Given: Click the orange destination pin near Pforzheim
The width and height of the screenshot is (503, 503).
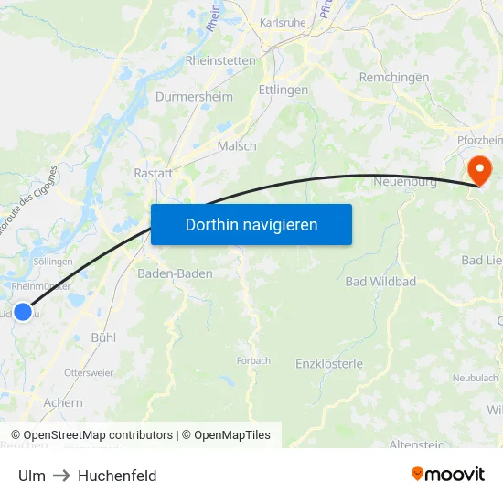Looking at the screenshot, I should click(479, 169).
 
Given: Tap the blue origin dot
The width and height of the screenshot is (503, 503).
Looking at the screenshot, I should click(23, 312).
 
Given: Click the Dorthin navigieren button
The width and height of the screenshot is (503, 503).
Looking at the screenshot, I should click(251, 224).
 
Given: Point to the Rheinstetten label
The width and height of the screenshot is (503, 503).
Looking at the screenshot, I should click(220, 60).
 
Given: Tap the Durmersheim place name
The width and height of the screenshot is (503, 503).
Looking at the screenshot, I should click(194, 96).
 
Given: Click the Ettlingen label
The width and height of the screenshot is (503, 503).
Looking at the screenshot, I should click(284, 91).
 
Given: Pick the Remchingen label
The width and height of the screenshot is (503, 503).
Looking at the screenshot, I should click(394, 78).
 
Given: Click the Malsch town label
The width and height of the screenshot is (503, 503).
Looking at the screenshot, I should click(237, 145).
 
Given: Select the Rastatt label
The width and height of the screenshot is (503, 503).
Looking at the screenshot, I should click(153, 173).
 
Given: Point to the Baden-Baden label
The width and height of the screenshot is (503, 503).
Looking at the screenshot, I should click(175, 273).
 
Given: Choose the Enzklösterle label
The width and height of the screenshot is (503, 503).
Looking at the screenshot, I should click(329, 364).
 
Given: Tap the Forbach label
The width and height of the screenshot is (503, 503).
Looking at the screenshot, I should click(253, 360).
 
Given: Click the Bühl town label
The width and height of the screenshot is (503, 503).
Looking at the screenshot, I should click(103, 337).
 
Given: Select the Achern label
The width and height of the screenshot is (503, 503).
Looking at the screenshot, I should click(63, 402).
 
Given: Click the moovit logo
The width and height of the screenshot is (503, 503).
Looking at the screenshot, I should click(448, 475).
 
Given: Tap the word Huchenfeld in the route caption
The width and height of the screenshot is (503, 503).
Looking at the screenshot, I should click(117, 476).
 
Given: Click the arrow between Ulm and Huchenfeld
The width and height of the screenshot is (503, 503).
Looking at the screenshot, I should click(62, 476).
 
